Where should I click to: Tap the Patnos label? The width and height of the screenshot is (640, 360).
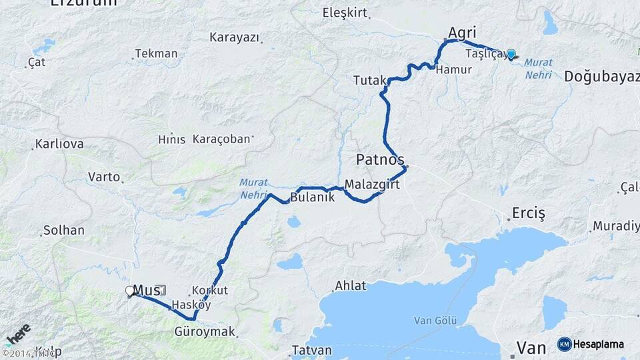(x=380, y=159)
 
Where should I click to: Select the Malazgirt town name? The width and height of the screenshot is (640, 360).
(x=372, y=185)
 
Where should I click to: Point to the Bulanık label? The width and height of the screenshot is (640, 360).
(x=312, y=198)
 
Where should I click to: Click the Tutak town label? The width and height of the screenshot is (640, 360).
(x=367, y=81)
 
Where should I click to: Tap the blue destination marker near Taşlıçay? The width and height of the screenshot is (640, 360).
(x=511, y=55)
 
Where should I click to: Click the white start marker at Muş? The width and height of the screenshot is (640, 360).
(x=129, y=291)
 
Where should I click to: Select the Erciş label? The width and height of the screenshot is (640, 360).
(x=528, y=213)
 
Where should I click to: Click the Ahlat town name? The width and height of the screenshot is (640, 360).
(x=351, y=286)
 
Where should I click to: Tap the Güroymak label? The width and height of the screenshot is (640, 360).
(x=205, y=331)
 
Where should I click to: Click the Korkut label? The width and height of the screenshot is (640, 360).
(x=210, y=291)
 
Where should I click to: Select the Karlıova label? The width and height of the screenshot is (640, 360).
(x=59, y=144)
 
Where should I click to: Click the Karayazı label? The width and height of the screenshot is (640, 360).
(x=233, y=37)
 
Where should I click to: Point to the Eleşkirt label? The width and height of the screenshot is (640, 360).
(x=345, y=12)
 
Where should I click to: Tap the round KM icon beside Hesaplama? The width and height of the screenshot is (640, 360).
(x=564, y=344)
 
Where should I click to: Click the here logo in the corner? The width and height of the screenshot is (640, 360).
(x=17, y=334)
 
